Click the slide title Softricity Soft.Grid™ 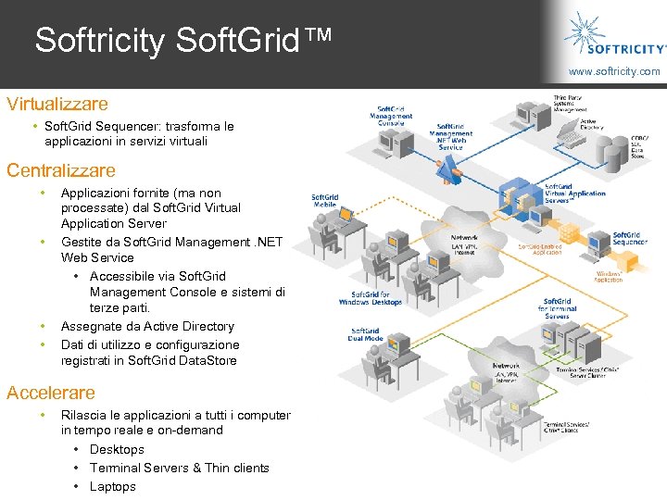(x=181, y=40)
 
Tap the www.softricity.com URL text (x=614, y=71)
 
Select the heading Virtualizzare (x=57, y=104)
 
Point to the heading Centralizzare (x=61, y=170)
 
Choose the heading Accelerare (x=50, y=393)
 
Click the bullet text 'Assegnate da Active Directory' (x=147, y=326)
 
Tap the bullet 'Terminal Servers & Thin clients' (x=179, y=468)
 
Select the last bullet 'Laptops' (x=112, y=486)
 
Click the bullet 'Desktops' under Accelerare (x=117, y=449)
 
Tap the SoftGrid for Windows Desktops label (x=371, y=298)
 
